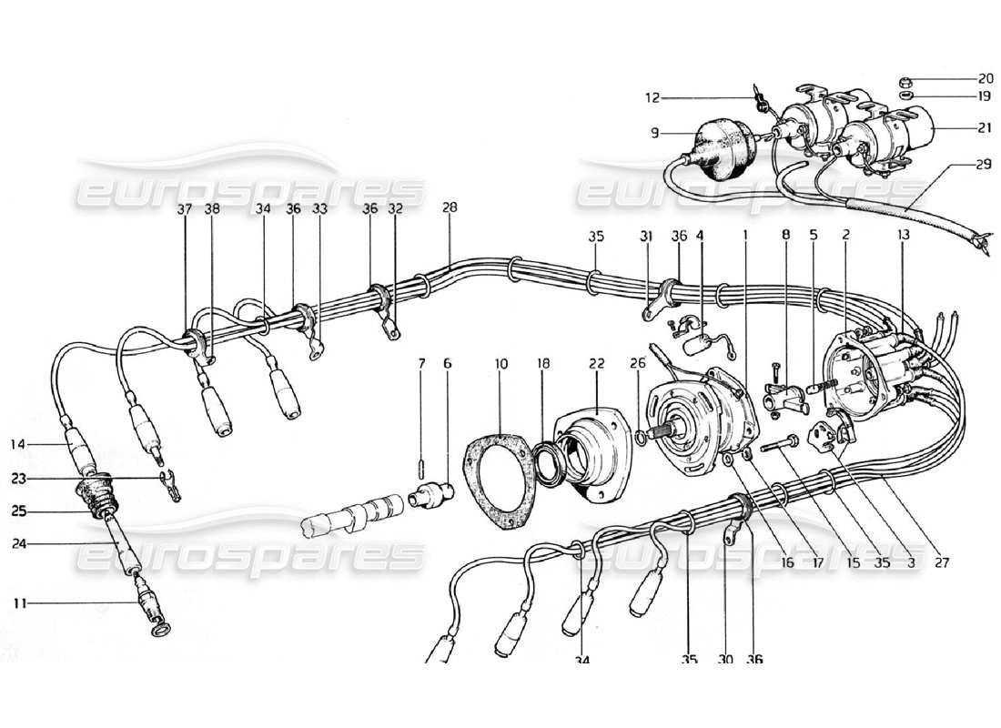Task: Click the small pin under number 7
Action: pyautogui.click(x=421, y=470)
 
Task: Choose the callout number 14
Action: pyautogui.click(x=19, y=445)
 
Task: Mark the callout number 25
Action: pyautogui.click(x=19, y=511)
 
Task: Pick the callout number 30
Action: pyautogui.click(x=726, y=659)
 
